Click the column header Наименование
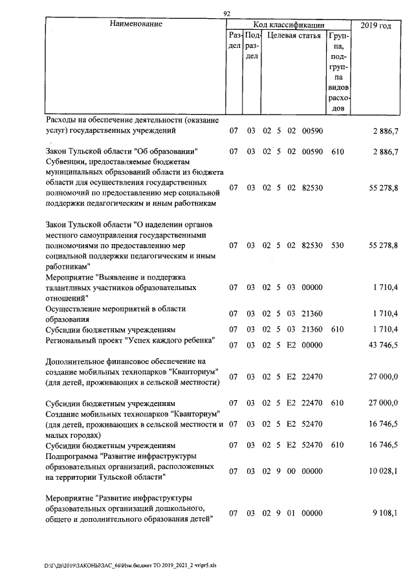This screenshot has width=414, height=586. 135,25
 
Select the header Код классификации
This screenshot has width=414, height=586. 289,25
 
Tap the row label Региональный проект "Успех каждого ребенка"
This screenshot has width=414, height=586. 129,340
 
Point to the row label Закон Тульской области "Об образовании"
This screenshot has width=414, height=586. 121,151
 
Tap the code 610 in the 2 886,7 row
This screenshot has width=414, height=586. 337,152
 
